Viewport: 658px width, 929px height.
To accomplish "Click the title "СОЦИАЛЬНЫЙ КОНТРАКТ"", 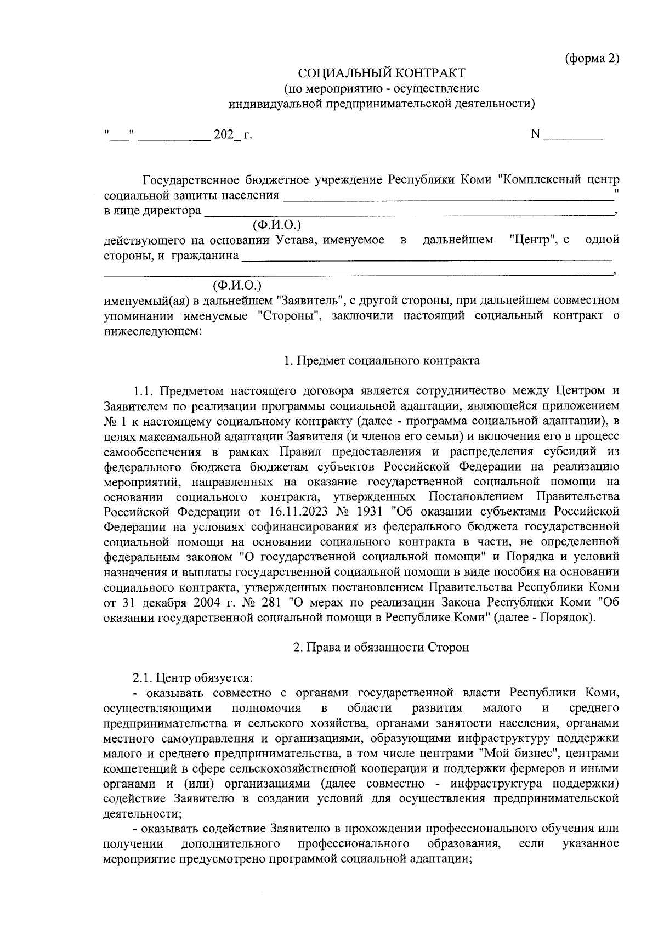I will click(381, 73).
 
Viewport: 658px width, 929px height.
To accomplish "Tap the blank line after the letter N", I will click(574, 137).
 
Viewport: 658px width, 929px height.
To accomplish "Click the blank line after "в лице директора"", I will click(409, 213).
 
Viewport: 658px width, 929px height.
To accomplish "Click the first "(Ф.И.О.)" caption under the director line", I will click(277, 225).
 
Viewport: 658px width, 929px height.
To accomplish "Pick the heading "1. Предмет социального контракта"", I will click(381, 360).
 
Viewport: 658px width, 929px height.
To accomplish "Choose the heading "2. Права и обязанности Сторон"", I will click(381, 647).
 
